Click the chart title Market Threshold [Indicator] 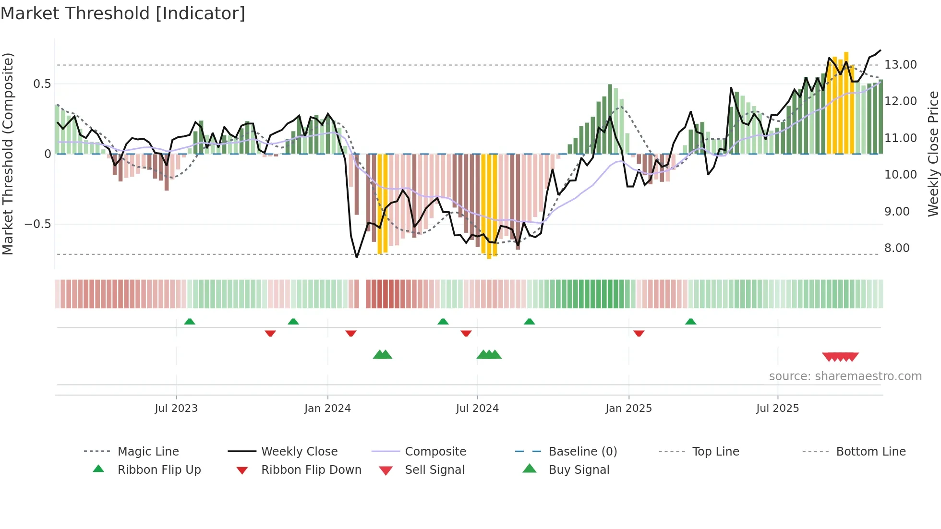pos(123,13)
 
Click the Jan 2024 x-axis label pos(327,409)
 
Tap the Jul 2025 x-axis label pos(777,409)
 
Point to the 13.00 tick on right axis pos(900,65)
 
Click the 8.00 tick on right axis pos(897,248)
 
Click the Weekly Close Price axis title pos(933,154)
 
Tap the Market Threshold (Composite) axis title pos(8,154)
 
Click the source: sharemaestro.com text pos(845,376)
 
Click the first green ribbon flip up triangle pos(190,322)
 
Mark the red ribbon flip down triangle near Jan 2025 pos(639,333)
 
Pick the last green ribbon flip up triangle pos(690,322)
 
